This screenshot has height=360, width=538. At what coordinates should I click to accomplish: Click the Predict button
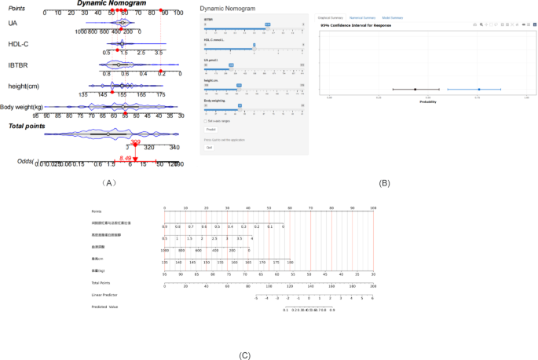tap(210, 129)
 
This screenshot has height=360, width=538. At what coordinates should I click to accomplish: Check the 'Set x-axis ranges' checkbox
tap(205, 121)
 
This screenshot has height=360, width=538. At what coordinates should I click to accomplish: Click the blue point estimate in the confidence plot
tap(478, 90)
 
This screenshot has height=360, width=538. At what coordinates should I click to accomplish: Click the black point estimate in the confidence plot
tap(415, 90)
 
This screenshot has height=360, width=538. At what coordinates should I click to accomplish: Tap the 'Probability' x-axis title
tap(428, 102)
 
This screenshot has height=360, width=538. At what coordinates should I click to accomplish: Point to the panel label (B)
tap(384, 182)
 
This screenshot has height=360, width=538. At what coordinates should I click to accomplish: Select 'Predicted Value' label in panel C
tap(104, 307)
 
